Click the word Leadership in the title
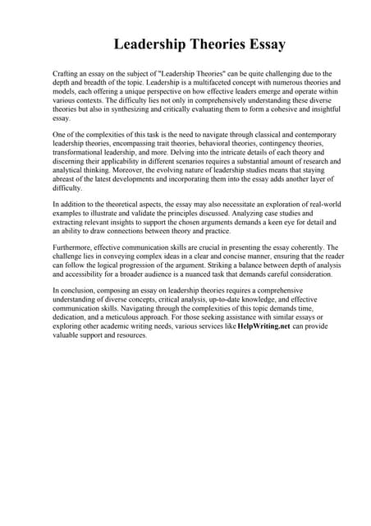[x=151, y=44]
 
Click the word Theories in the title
[x=217, y=44]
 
